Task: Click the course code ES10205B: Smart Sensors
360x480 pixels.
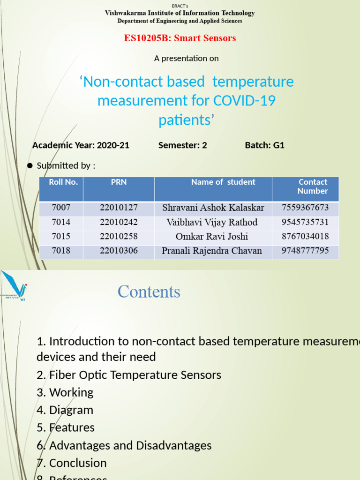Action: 180,38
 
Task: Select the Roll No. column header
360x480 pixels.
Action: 63,182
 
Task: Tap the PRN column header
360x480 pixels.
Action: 119,182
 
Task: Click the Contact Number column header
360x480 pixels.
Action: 313,187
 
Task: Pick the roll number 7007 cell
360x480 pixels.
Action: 61,208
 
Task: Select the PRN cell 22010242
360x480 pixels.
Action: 119,222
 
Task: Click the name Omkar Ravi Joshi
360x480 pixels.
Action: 212,237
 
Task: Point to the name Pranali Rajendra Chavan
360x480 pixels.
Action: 212,251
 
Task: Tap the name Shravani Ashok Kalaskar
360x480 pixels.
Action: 213,208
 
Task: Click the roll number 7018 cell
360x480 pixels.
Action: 61,251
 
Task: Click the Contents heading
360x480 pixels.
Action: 149,292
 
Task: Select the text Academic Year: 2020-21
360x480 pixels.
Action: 81,145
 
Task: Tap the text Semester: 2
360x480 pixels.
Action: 182,145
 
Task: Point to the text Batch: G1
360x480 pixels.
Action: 264,145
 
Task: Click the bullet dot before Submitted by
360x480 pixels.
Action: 30,166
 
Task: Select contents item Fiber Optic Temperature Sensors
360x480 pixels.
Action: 129,375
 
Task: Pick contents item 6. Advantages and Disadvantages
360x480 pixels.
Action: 124,445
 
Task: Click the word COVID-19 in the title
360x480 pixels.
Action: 244,101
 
